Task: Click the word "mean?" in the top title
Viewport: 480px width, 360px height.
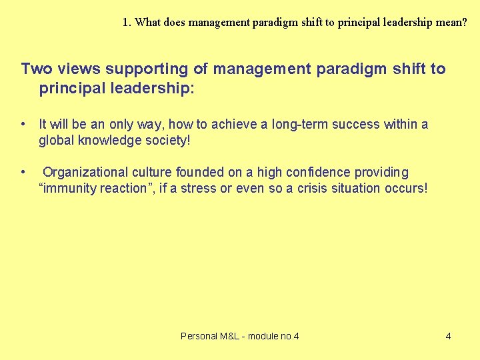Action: [452, 22]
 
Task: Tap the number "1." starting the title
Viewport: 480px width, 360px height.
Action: [127, 22]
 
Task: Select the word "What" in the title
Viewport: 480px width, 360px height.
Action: [147, 22]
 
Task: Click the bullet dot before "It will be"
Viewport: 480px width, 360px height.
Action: [23, 124]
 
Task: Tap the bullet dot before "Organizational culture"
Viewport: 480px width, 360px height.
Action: [23, 173]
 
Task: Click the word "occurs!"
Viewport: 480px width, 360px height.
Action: [406, 189]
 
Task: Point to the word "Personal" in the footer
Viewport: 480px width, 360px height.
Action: [199, 336]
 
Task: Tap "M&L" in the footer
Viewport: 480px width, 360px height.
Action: [231, 336]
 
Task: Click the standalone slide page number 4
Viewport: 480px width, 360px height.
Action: [448, 336]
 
